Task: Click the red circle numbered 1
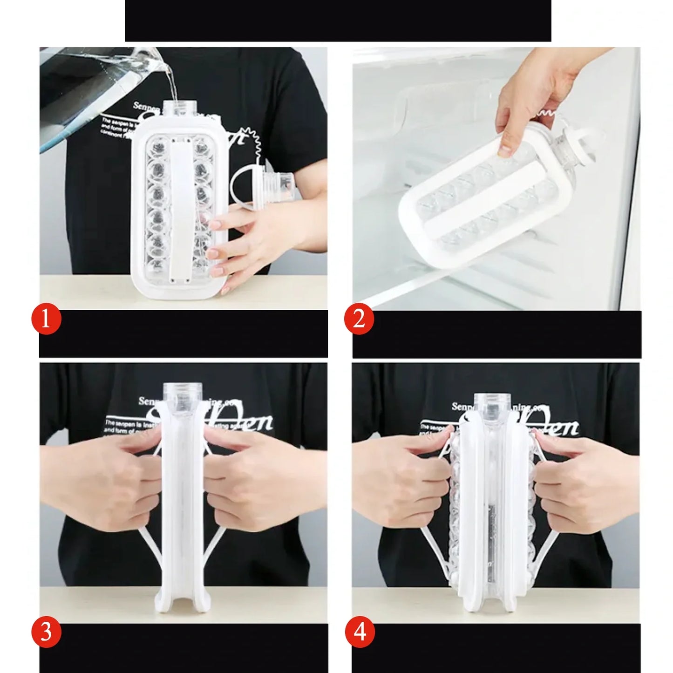point(46,320)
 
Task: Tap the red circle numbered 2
point(359,320)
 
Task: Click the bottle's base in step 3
point(183,605)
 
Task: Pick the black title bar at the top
point(338,20)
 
